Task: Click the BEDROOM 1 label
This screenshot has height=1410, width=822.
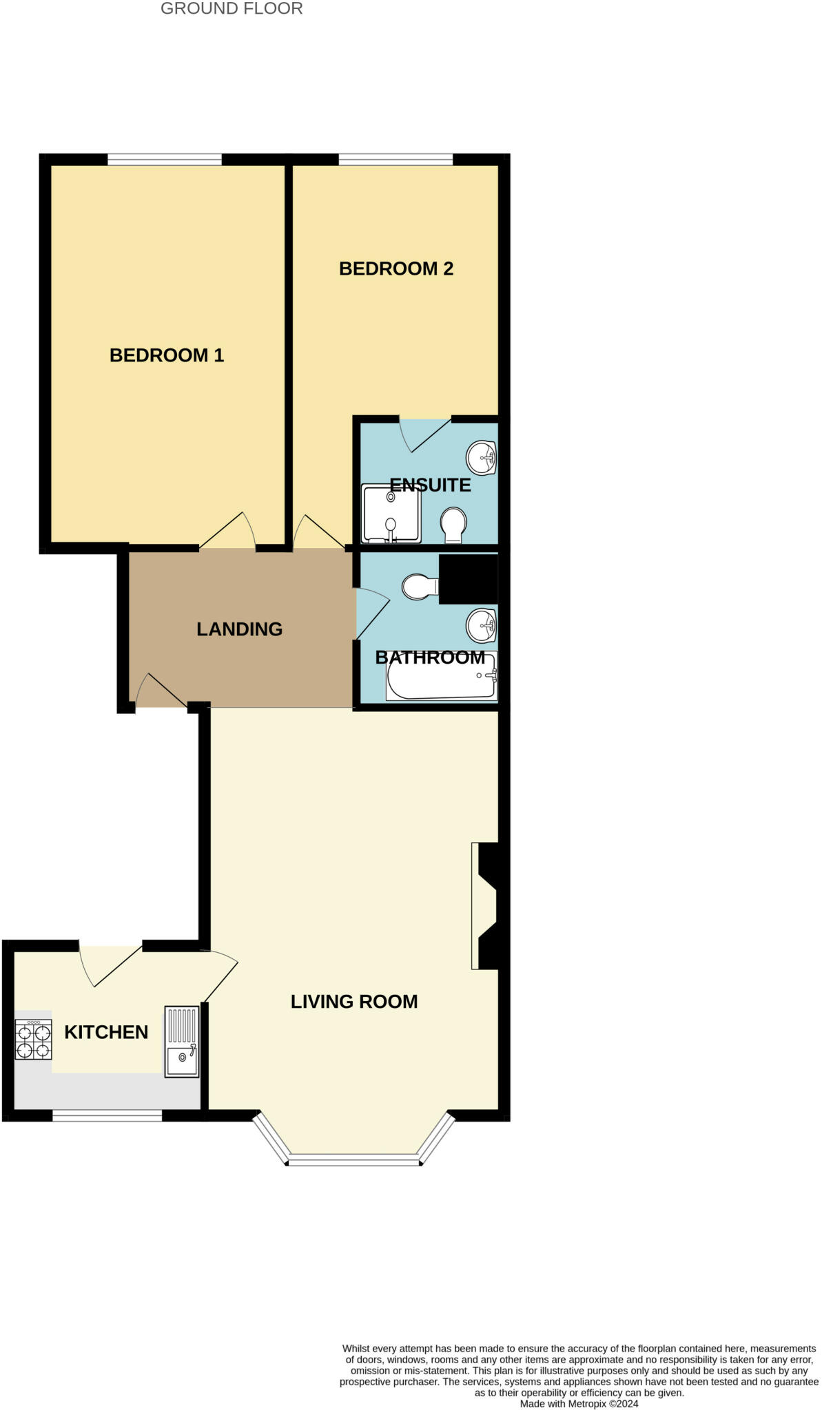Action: [x=167, y=355]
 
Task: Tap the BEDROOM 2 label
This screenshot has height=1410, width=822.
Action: [x=396, y=269]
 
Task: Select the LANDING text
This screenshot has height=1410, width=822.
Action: [x=239, y=629]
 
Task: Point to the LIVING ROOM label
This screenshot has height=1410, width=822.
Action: [x=354, y=1002]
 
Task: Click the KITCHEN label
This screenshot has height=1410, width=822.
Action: [x=106, y=1032]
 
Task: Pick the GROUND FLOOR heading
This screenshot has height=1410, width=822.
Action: [x=232, y=9]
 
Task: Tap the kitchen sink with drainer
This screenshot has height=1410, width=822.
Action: [x=182, y=1042]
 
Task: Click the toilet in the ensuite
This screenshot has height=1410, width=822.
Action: [x=453, y=525]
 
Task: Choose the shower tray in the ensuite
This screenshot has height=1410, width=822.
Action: [x=391, y=514]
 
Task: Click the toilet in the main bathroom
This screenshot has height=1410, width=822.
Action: [x=420, y=587]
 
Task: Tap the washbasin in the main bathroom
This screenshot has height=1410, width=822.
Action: [x=482, y=625]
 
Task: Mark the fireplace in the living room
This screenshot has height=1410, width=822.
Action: [x=486, y=905]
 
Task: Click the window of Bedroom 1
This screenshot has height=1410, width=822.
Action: [x=165, y=160]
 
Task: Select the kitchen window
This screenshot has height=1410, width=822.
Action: [x=107, y=1115]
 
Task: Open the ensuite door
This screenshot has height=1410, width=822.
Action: [x=425, y=434]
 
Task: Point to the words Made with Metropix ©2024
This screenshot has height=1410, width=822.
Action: [x=579, y=1404]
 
